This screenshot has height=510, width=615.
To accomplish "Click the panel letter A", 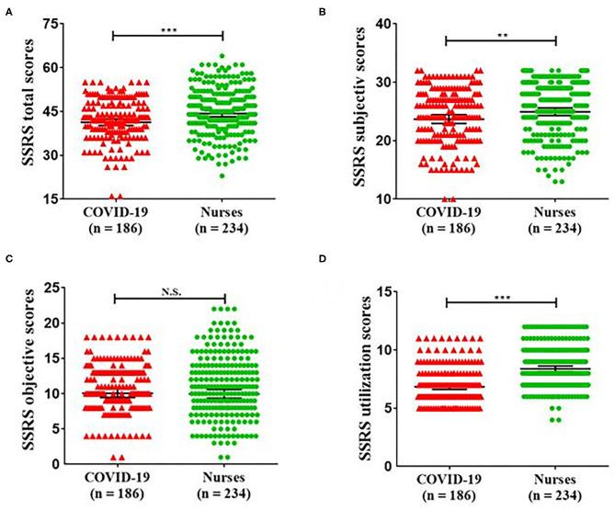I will click(x=7, y=11).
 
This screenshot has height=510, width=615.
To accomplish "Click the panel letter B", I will click(x=320, y=11).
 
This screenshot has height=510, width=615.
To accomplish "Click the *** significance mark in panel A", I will click(x=167, y=30).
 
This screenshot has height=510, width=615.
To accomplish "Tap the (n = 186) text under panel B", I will click(x=447, y=228).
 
